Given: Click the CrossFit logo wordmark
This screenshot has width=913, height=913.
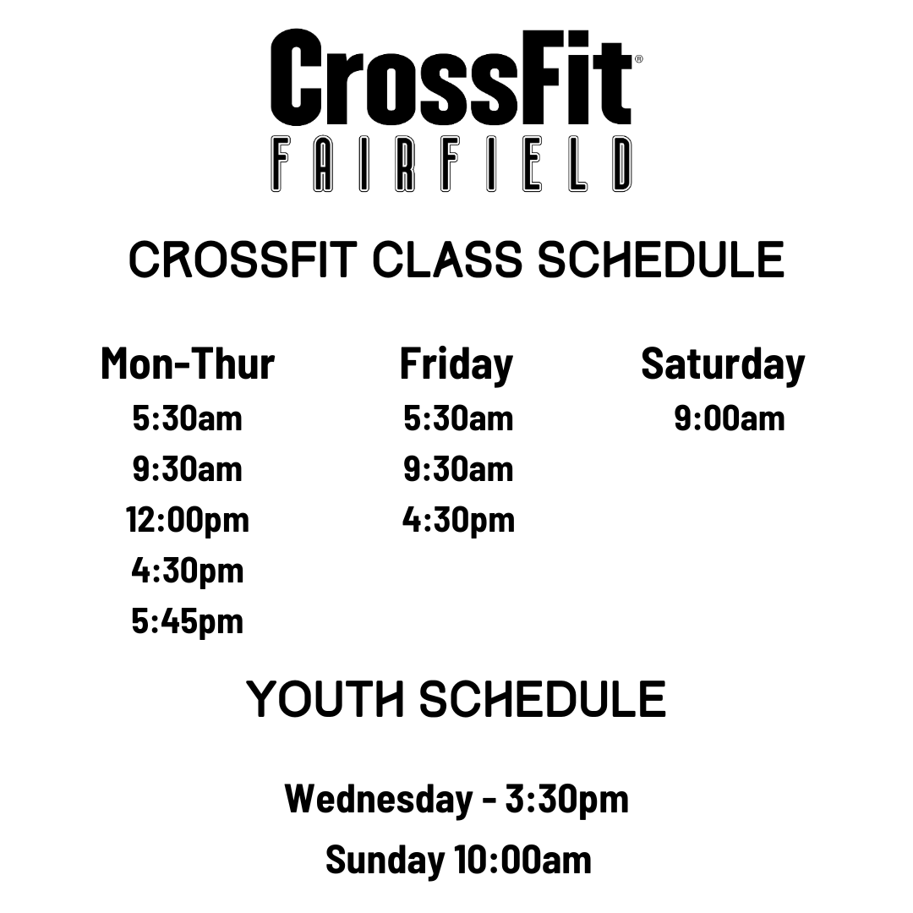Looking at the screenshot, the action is coord(451,77).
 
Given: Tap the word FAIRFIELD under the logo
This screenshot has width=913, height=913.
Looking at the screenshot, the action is coord(451,164).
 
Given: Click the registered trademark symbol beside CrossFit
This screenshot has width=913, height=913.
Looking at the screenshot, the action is coord(639,59).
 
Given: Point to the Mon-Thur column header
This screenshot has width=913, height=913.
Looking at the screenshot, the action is coord(188,364).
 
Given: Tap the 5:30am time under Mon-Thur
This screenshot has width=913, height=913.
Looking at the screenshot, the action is coord(187,418).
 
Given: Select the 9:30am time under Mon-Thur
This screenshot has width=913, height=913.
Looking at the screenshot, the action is coord(187,469).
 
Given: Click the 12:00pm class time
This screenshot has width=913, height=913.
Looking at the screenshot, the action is coord(188,521).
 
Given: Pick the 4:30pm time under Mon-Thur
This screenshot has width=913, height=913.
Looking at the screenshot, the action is coord(188,571).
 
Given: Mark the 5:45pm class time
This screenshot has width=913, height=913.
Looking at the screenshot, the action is coord(188,622).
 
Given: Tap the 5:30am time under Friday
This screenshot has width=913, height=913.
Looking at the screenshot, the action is coord(458,418).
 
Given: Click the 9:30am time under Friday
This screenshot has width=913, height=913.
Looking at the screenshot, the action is coord(458,469).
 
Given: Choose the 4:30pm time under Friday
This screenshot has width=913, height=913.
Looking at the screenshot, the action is coord(458,521).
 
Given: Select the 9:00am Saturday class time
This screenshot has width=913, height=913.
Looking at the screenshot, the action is coord(730,418).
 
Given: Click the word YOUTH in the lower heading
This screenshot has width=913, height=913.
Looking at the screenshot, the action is coord(325,699).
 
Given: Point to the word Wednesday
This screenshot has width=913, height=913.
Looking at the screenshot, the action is coord(379,799).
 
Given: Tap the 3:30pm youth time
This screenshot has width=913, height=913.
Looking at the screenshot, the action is coord(567,800).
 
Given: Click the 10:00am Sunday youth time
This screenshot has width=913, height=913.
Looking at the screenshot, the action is coord(523,861).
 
